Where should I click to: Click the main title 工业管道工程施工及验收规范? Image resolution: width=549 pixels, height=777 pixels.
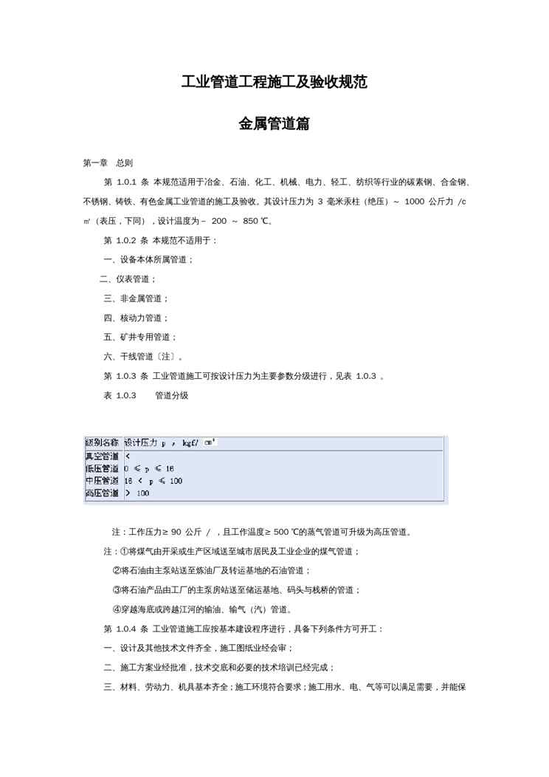(274, 82)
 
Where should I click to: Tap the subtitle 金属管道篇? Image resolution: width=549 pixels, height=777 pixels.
(274, 124)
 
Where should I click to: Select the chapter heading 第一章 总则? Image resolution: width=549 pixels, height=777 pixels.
(108, 162)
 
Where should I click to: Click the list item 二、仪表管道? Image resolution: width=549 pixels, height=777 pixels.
(128, 279)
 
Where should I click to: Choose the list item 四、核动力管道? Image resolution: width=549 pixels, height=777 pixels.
(136, 318)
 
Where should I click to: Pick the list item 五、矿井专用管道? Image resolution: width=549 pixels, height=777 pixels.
(140, 337)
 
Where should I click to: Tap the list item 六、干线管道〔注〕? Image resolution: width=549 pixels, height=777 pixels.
(142, 357)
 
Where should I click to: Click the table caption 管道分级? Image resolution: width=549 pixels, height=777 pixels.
(171, 396)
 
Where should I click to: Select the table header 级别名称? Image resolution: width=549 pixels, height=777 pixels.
(103, 442)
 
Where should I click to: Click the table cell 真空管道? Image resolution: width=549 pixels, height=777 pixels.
(103, 456)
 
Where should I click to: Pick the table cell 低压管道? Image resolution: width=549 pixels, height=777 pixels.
(103, 468)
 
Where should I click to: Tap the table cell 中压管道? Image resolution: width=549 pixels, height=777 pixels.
(103, 481)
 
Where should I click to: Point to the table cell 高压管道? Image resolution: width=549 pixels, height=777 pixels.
(103, 493)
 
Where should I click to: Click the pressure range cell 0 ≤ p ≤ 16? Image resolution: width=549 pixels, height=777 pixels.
(149, 468)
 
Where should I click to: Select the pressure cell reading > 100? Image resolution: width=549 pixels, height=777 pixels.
(137, 493)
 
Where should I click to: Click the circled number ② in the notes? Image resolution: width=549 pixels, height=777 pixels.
(117, 571)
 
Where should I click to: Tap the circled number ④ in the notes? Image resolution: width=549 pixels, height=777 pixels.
(117, 609)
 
